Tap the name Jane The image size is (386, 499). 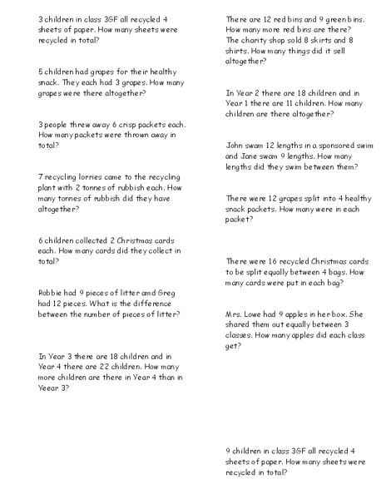tap(238, 156)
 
